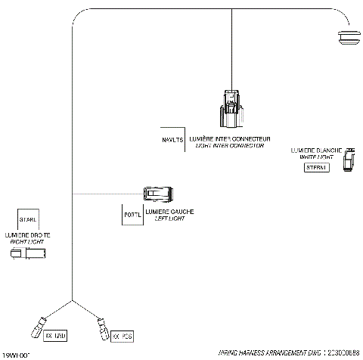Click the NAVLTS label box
[172, 140]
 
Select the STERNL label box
[316, 167]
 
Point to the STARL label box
[28, 219]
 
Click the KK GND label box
[57, 334]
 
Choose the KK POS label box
[123, 334]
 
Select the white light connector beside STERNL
[349, 160]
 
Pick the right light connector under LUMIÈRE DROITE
[27, 255]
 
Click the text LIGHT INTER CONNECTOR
[230, 145]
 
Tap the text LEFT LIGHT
[169, 219]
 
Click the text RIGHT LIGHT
[28, 241]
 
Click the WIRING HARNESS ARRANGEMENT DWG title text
[268, 352]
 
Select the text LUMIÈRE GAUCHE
[169, 212]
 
